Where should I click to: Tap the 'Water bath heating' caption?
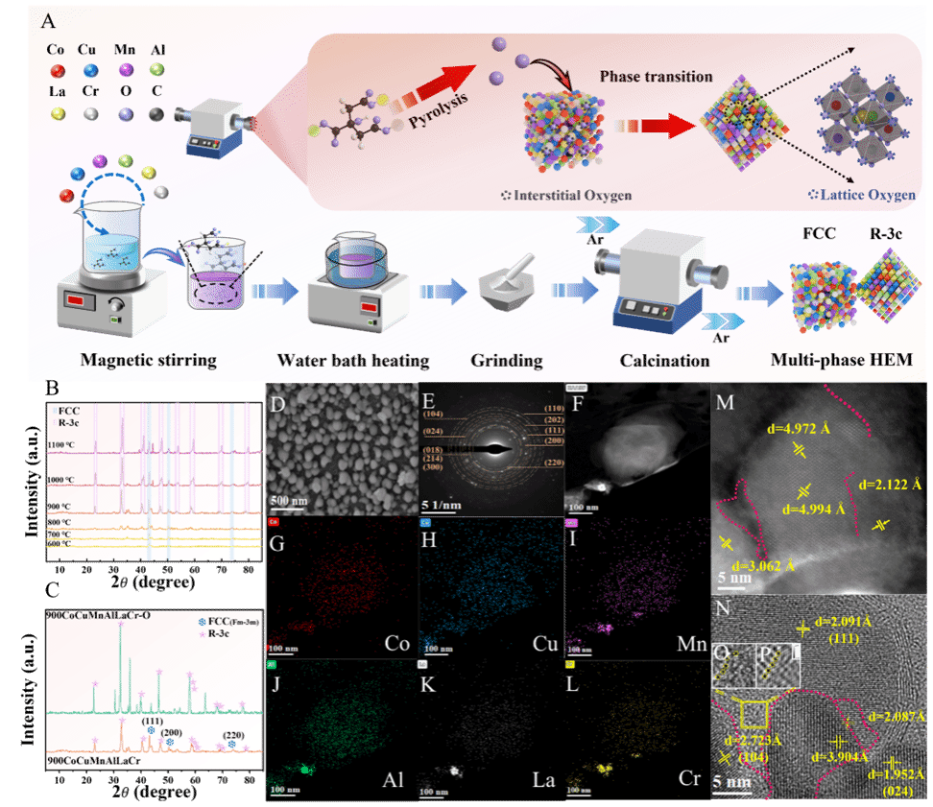(352, 362)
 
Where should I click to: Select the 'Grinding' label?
(507, 362)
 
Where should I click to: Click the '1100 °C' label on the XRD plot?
(62, 445)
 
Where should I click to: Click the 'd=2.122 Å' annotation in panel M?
(890, 486)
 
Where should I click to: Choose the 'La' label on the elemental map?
(538, 779)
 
